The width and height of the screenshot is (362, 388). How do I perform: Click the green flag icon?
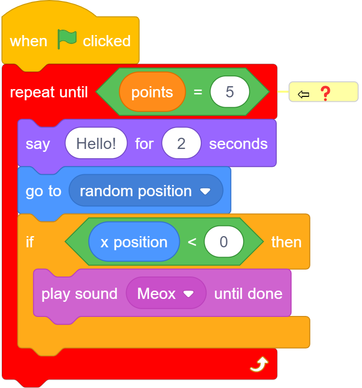point(66,39)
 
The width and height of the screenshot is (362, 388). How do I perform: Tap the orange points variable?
point(152,92)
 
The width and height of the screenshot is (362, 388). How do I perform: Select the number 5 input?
point(229,92)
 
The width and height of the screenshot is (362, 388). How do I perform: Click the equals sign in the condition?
point(198,92)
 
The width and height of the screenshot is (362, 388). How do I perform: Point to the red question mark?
point(325,93)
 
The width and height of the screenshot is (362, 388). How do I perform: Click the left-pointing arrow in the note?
point(304,94)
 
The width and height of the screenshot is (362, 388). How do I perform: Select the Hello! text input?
point(96,143)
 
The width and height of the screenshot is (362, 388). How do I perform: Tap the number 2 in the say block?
point(181,143)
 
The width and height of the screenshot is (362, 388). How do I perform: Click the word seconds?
point(238,144)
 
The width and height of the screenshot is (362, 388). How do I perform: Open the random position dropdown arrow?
point(205,191)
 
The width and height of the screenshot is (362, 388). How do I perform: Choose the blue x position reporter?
point(134,242)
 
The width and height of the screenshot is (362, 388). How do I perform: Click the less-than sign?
point(192,242)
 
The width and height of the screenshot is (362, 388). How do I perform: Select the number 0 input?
point(224,242)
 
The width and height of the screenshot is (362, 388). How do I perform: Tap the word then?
point(286,242)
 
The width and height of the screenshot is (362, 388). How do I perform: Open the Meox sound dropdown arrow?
point(189,294)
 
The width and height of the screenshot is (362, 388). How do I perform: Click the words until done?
point(248,294)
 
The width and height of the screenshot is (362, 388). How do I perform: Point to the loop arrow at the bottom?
point(259,364)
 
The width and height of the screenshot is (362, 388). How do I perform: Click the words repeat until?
point(49,92)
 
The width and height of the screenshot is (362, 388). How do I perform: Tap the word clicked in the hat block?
point(107,41)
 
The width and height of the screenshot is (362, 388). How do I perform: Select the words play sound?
point(79,294)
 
